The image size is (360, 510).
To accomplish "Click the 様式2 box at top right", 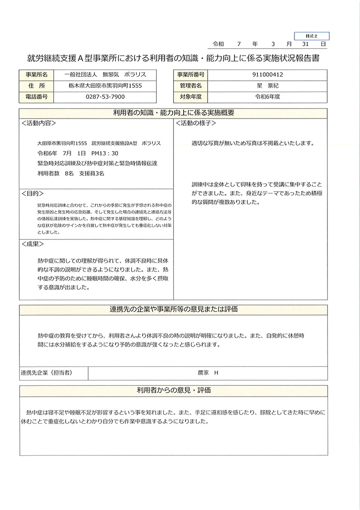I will (x=311, y=36).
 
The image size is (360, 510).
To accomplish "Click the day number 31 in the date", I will (x=304, y=44).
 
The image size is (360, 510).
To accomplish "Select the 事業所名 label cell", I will (x=36, y=75).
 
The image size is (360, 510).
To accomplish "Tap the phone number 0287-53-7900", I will (x=105, y=97).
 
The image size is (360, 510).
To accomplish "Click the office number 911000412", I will (x=268, y=75).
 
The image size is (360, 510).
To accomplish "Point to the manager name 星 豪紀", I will (x=268, y=86).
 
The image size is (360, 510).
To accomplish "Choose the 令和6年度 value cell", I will (x=268, y=97).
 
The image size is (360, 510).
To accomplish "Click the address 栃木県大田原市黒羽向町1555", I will (x=105, y=86).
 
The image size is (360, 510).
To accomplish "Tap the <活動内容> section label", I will (x=39, y=123).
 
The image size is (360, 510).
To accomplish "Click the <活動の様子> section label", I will (x=196, y=123).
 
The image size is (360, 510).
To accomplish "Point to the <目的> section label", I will (x=33, y=194).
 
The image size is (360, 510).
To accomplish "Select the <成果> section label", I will (x=33, y=244).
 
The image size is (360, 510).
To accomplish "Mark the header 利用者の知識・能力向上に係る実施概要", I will (x=173, y=113).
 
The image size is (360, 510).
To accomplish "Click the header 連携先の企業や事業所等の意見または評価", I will (x=173, y=310).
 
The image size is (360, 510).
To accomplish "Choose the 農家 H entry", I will (x=208, y=373).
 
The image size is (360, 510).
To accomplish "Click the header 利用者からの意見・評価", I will (x=173, y=391).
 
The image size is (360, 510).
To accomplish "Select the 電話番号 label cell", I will (x=36, y=97).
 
